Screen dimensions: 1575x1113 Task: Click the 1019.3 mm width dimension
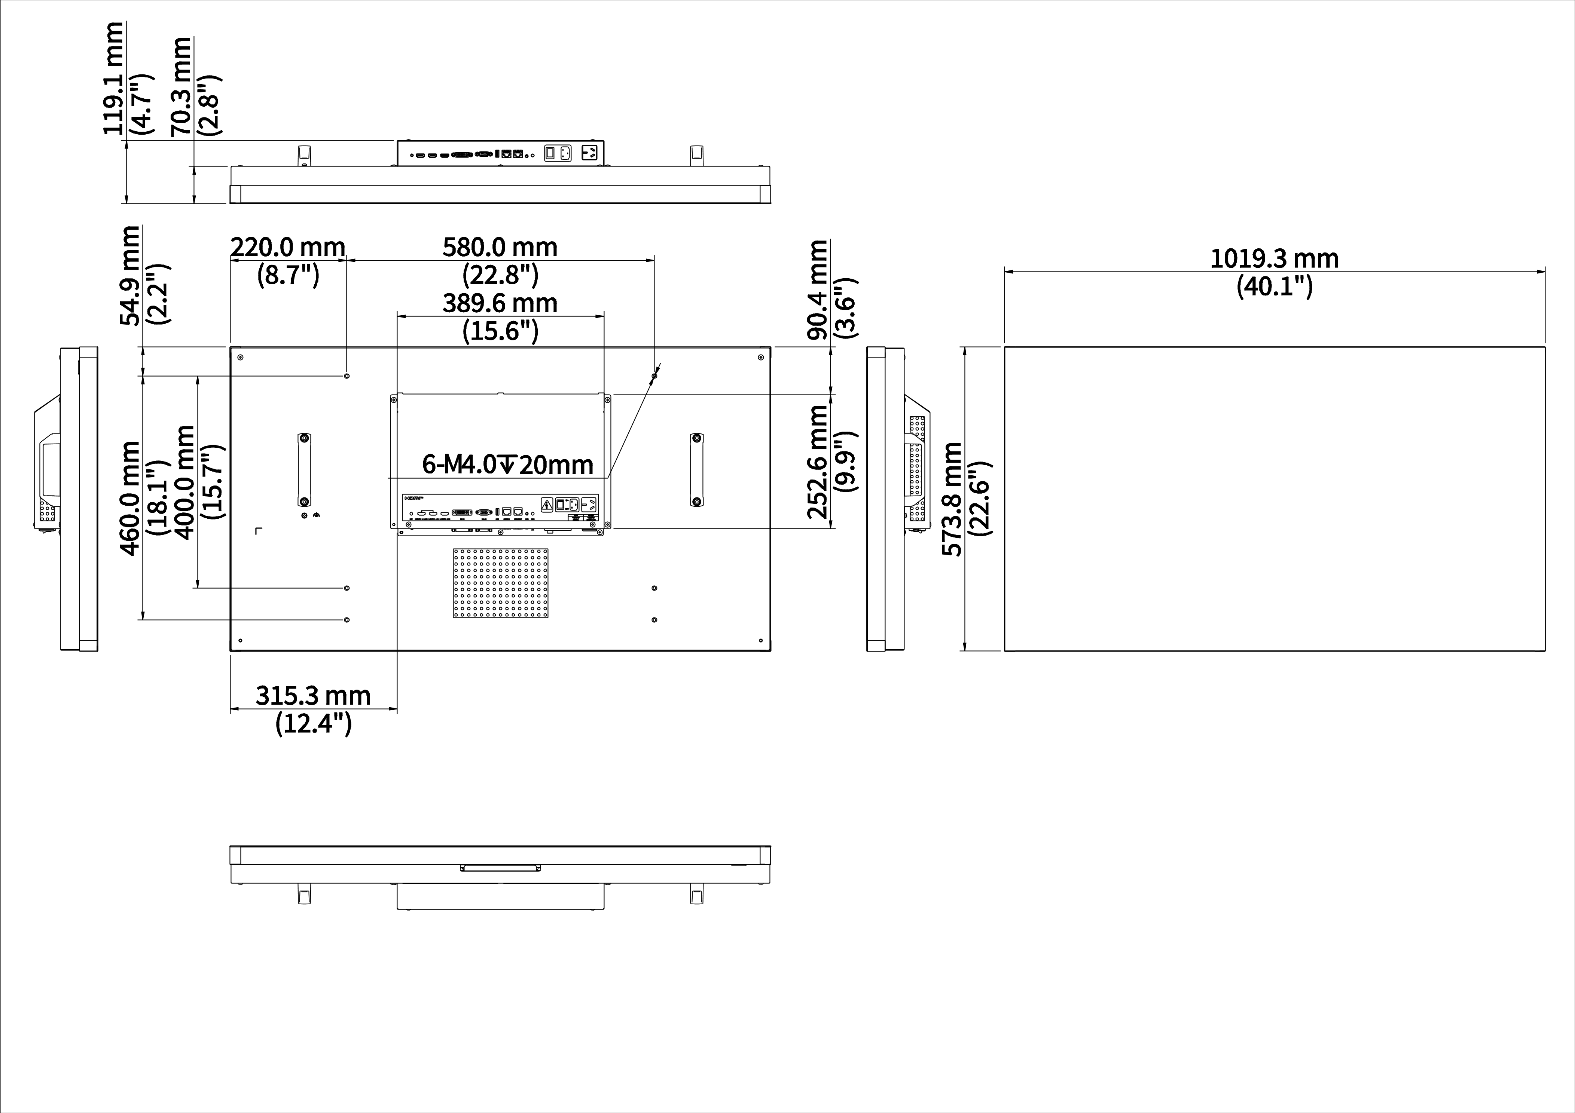point(1274,259)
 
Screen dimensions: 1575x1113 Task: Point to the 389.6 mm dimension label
point(500,303)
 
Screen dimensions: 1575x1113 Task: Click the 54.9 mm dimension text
point(130,276)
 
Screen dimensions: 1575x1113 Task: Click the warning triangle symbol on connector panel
point(547,505)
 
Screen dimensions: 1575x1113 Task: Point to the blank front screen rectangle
point(1275,499)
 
